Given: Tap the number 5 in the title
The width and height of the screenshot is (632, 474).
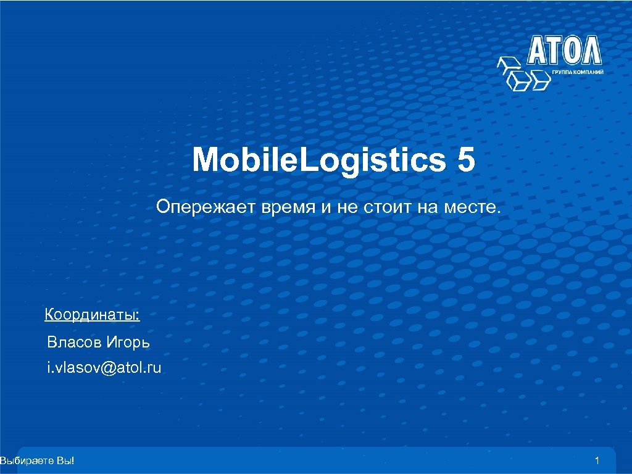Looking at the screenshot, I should [466, 160].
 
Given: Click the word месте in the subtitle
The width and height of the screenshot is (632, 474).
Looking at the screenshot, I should [470, 207].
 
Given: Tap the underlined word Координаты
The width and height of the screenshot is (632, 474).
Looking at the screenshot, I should [93, 315].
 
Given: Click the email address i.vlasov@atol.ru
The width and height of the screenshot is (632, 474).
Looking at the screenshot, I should [104, 368].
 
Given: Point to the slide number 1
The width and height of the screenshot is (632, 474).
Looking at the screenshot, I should [597, 460].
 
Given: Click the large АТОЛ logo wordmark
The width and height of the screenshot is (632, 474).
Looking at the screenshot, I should [564, 51].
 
